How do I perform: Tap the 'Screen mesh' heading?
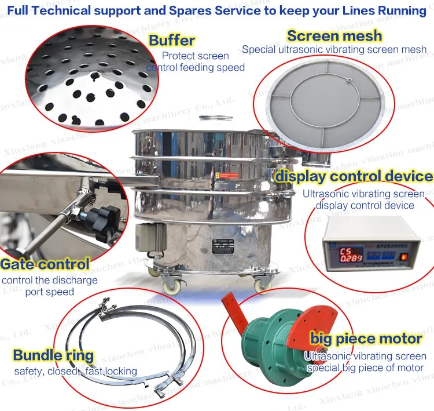pos(334,35)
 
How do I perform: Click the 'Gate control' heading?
pos(45,264)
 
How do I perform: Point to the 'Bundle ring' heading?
pos(53,355)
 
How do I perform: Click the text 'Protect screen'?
pos(196,56)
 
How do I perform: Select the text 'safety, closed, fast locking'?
pos(76,371)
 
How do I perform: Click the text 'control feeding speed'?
pos(196,67)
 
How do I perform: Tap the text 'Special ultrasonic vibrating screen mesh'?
pos(334,49)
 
